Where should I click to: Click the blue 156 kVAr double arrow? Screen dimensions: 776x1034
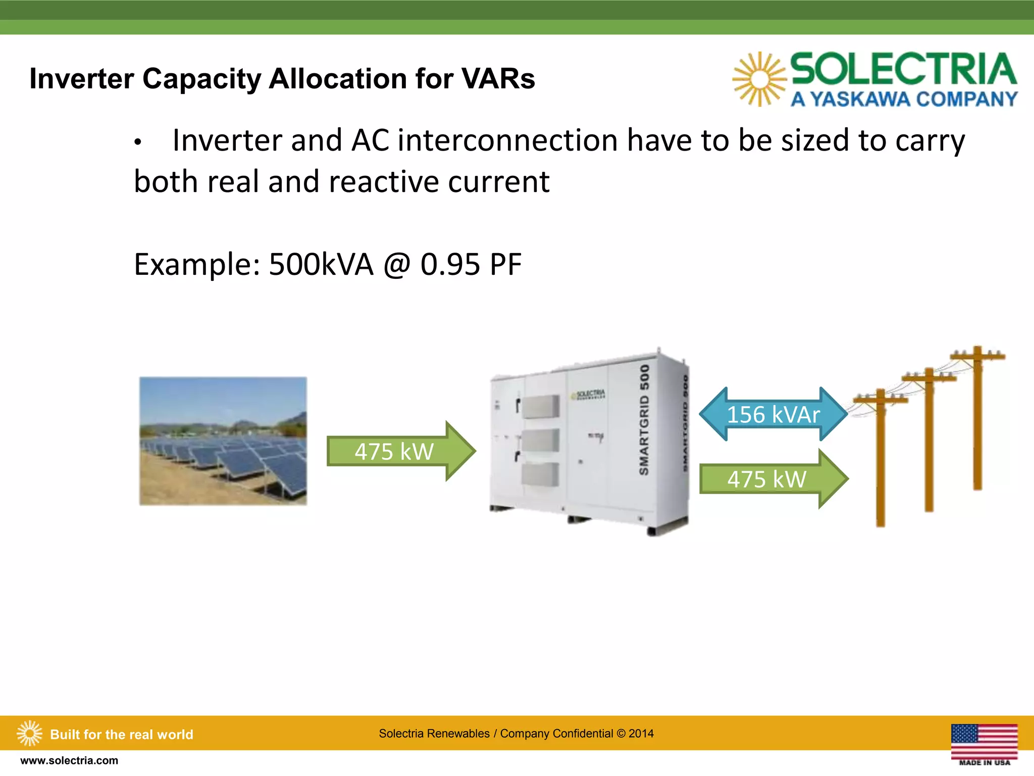(773, 414)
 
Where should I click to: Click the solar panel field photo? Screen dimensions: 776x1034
(223, 441)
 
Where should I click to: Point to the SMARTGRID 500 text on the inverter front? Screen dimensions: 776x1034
(644, 420)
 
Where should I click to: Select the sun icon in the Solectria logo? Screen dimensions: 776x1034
(759, 79)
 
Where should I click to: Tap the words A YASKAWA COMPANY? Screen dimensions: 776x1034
(904, 99)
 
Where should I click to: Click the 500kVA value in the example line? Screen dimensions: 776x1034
(321, 264)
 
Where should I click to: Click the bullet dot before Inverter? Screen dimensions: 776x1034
(137, 143)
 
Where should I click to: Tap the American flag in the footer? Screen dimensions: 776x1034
(984, 741)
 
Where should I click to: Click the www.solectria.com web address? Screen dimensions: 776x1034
(69, 760)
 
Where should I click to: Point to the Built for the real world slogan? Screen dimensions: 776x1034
(122, 735)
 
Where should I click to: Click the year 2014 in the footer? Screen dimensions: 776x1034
(641, 734)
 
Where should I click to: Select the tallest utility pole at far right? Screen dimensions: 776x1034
(977, 419)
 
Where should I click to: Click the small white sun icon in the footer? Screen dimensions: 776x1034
(29, 733)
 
